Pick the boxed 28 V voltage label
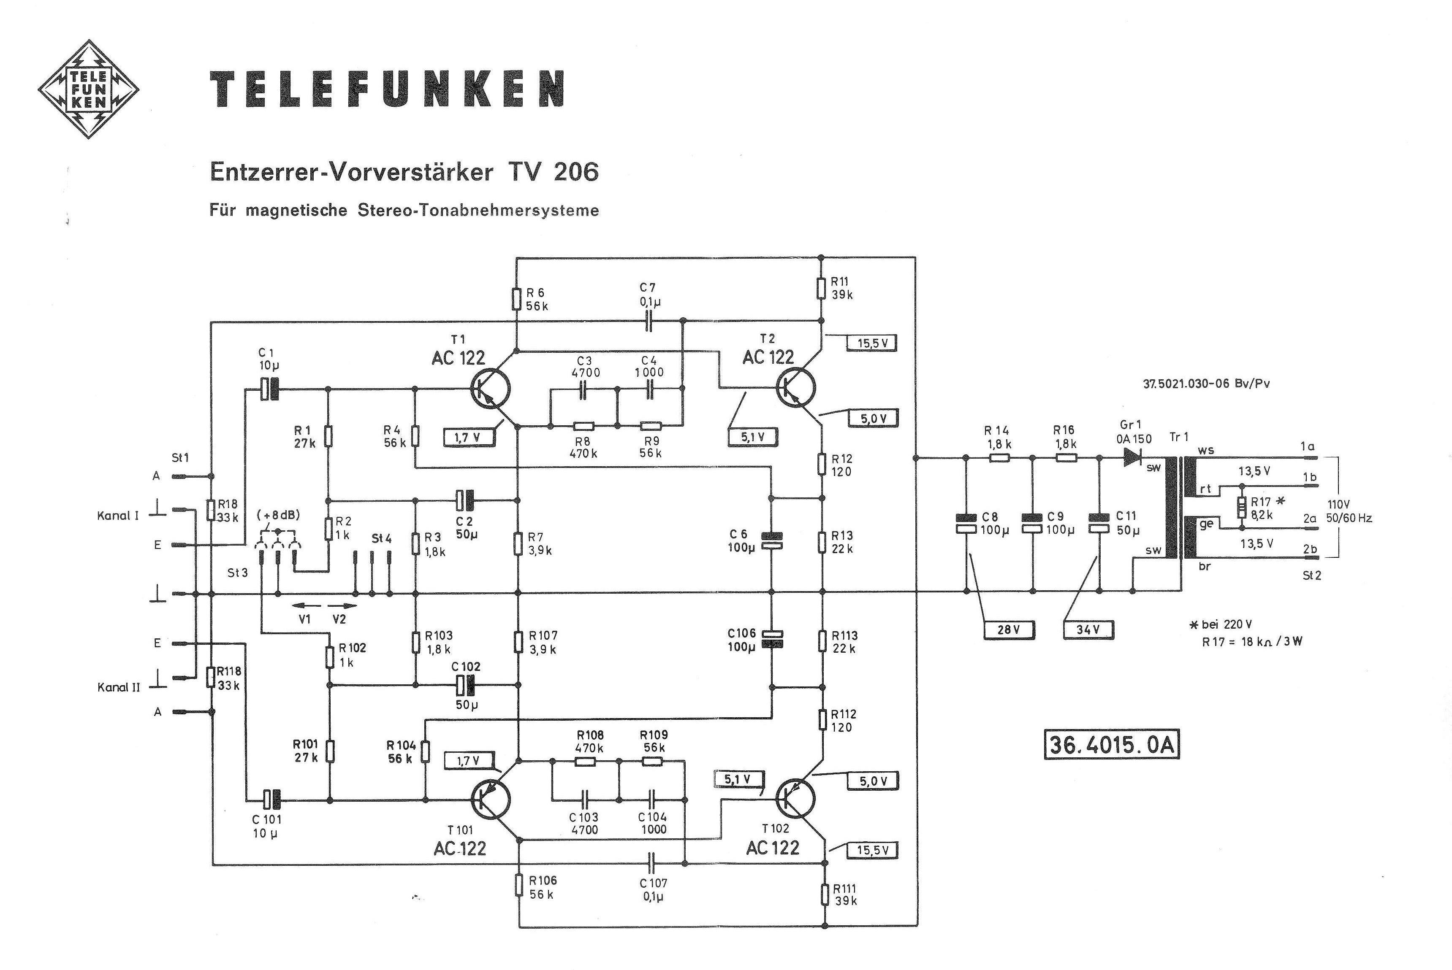1009,629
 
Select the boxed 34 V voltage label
1088,629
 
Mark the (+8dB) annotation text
278,515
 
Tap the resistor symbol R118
211,677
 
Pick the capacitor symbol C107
652,862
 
